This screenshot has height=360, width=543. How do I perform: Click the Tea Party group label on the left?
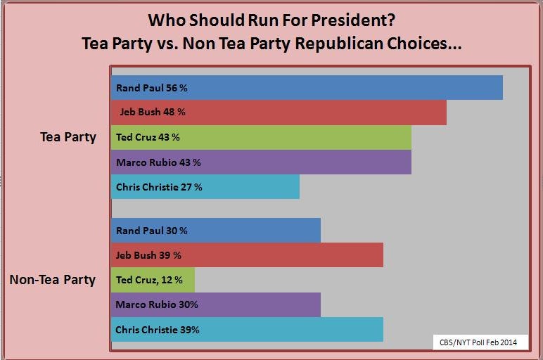(x=68, y=137)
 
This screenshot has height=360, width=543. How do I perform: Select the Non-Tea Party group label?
(x=52, y=280)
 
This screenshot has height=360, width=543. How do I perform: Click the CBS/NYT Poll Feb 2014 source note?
(x=478, y=342)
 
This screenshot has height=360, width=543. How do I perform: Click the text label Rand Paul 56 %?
(x=151, y=88)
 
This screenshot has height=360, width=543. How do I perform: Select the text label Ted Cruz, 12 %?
(x=149, y=279)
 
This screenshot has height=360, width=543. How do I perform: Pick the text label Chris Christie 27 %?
(x=159, y=186)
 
